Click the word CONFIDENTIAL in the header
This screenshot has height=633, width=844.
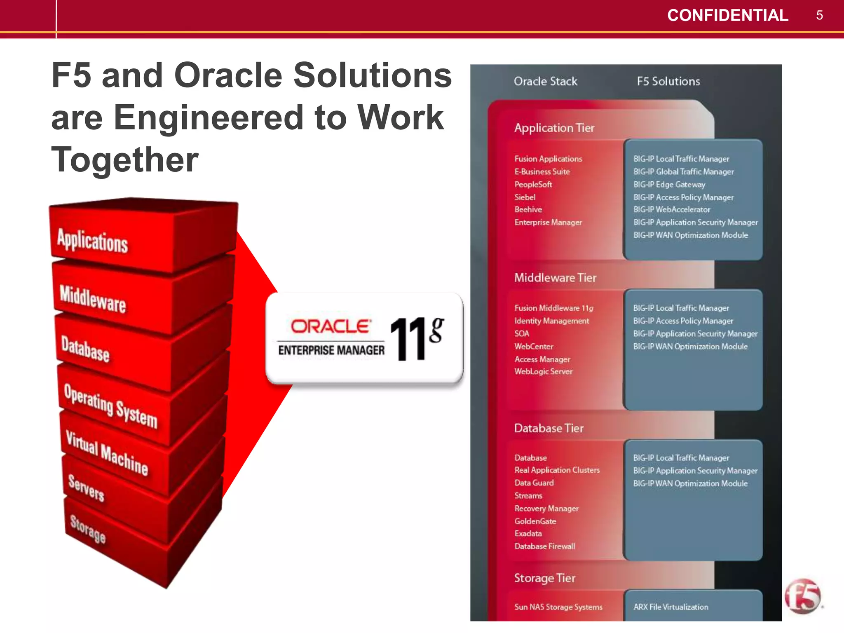point(727,16)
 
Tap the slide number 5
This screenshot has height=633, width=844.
point(819,16)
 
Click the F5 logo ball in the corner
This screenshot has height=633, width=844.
point(802,596)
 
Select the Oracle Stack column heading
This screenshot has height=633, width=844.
point(545,81)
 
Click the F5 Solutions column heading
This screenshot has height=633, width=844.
point(668,81)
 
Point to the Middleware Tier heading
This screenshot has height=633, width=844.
point(555,278)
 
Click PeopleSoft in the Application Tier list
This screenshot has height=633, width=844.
point(533,184)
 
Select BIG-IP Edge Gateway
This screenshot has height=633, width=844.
point(669,184)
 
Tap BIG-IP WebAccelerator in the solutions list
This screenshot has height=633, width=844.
point(671,209)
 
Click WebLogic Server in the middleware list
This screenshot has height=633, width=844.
point(543,371)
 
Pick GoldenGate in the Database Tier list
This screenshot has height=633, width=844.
point(535,521)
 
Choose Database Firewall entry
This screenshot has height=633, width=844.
point(544,546)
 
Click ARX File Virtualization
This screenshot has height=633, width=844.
point(671,607)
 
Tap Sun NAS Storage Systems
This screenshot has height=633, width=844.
point(558,607)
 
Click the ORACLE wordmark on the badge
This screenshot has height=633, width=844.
point(330,326)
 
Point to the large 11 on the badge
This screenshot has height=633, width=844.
point(408,340)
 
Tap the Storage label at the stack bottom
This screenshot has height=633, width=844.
point(88,529)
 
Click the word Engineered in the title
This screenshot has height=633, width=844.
point(210,117)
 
